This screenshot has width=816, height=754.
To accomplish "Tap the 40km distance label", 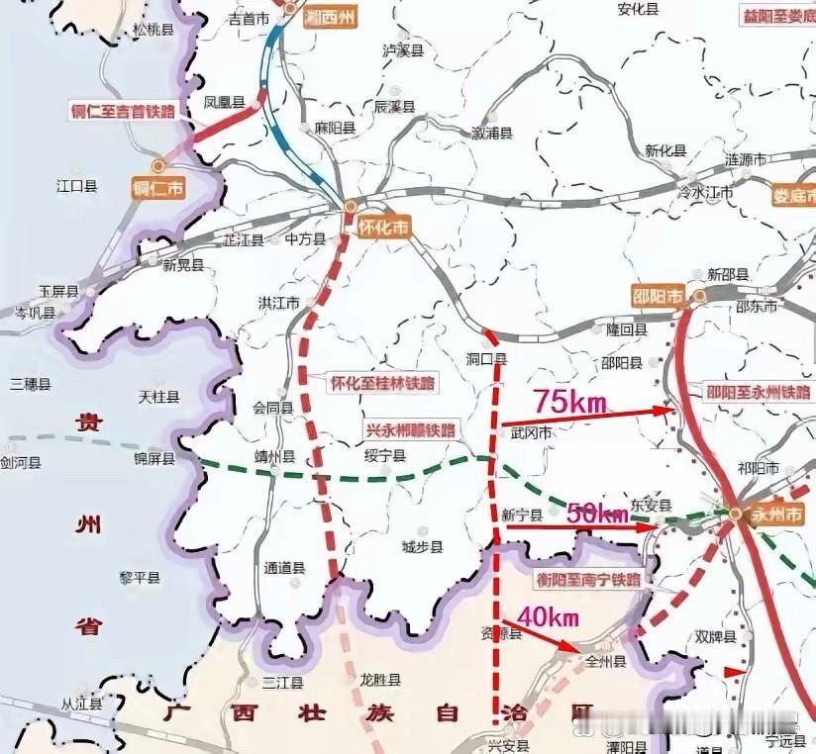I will coord(548,616).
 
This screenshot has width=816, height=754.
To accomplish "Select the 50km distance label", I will coord(597,513).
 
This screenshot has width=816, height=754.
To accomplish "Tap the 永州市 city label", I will coord(778,515).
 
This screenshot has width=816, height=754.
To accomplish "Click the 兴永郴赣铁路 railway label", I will coord(409,429).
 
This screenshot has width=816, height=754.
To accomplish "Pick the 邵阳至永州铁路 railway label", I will coord(758,392).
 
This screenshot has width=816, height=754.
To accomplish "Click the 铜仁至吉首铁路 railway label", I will coord(123,111).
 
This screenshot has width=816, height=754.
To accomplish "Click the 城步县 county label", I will coord(422,546).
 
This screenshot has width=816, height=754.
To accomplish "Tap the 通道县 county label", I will coord(285,568).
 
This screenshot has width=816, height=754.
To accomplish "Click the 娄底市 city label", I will coord(793,195).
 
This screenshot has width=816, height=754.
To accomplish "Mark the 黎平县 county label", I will coord(140,577).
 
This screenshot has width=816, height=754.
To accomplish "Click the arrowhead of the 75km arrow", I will coord(669,409).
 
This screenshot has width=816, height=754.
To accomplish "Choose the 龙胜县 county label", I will coord(379,680).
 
